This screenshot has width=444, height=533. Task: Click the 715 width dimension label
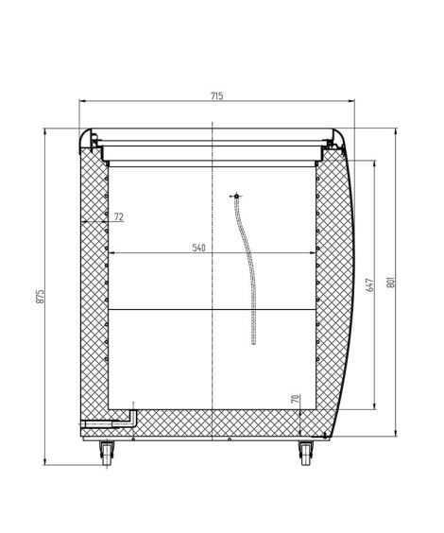pos(217,96)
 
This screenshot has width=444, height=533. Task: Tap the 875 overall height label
pos(40,297)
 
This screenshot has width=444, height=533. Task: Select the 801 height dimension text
pos(391,281)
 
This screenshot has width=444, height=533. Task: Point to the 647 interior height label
pos(370,284)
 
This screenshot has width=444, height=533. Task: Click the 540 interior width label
pos(198,248)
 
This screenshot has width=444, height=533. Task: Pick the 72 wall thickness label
pos(119,216)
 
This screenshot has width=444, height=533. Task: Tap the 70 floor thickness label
pos(296,399)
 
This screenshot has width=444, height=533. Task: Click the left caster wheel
pos(107,453)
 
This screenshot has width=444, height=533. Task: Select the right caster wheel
pos(306,453)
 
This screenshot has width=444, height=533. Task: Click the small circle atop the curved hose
pos(236,197)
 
